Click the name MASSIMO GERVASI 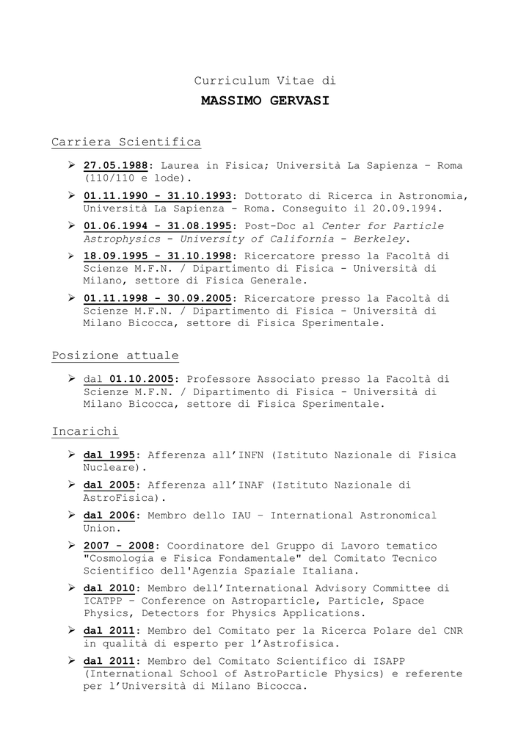(265, 101)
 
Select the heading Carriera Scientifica (126, 142)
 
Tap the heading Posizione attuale (115, 355)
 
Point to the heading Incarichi (85, 431)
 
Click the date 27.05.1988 (116, 166)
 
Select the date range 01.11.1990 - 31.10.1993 (158, 196)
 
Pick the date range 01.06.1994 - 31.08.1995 (158, 226)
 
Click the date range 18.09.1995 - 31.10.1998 (158, 256)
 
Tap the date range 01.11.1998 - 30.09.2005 (158, 299)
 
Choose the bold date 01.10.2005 (142, 379)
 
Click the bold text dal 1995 (109, 455)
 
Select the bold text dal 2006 (109, 516)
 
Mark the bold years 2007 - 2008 (119, 546)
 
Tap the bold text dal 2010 (109, 588)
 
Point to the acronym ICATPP (103, 601)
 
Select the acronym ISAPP (418, 661)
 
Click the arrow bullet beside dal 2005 (73, 485)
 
